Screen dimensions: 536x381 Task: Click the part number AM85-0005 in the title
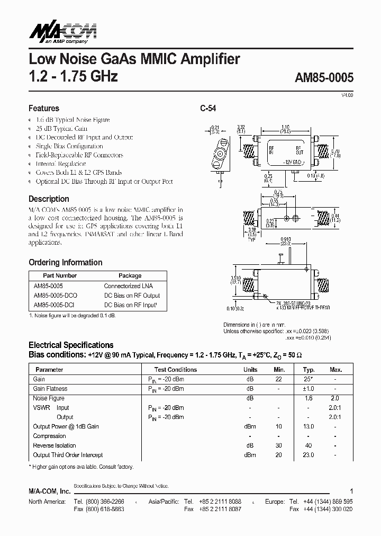point(323,77)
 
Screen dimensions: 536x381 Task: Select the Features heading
point(44,108)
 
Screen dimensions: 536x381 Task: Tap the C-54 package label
point(207,108)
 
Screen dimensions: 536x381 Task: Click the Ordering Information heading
point(65,262)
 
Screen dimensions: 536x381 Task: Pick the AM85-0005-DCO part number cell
point(55,295)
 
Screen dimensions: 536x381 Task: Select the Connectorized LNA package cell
point(130,285)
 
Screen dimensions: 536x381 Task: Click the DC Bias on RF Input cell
point(131,305)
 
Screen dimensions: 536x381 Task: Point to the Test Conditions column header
point(176,370)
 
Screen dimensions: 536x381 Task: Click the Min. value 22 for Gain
point(278,379)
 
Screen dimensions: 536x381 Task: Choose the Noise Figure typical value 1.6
point(309,398)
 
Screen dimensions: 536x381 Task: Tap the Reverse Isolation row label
point(55,445)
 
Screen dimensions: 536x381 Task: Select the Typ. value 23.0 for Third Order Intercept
point(309,455)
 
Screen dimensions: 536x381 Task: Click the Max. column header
point(335,370)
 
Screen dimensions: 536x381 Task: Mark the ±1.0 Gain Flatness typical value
point(309,389)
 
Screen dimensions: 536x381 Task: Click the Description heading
point(49,199)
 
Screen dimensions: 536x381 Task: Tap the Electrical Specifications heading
point(71,345)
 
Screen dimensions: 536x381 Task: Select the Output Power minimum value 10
point(278,426)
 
